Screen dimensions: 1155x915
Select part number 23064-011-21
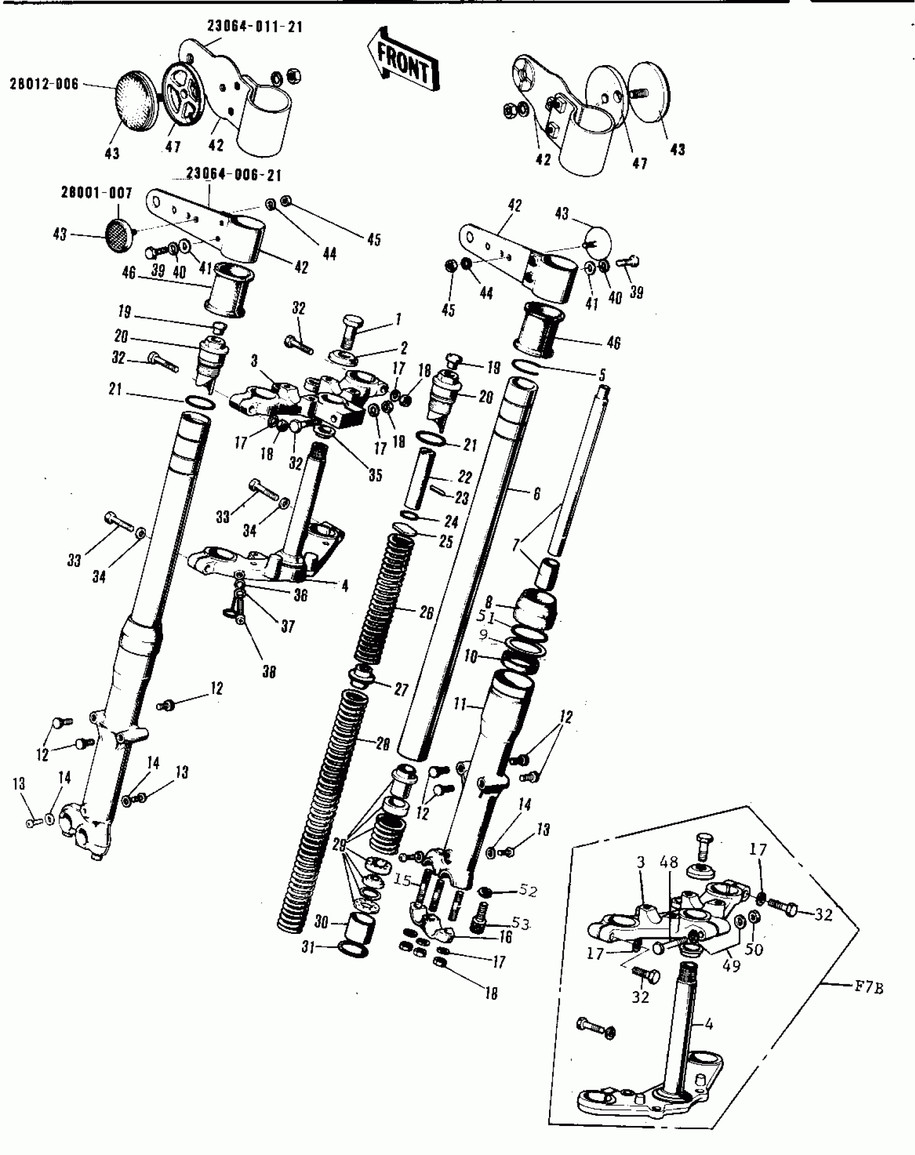pyautogui.click(x=255, y=26)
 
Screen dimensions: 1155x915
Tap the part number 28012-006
pyautogui.click(x=44, y=84)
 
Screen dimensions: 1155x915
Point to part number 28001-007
pyautogui.click(x=96, y=193)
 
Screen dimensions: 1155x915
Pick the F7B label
pyautogui.click(x=868, y=988)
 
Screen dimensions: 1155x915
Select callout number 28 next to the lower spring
pyautogui.click(x=382, y=744)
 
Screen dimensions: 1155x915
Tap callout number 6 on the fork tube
pyautogui.click(x=536, y=494)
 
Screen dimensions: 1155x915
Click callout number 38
pyautogui.click(x=269, y=671)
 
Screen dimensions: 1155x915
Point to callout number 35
pyautogui.click(x=375, y=475)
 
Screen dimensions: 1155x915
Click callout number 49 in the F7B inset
pyautogui.click(x=731, y=966)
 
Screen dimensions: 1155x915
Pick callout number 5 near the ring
pyautogui.click(x=602, y=375)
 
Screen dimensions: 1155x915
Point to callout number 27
pyautogui.click(x=402, y=690)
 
